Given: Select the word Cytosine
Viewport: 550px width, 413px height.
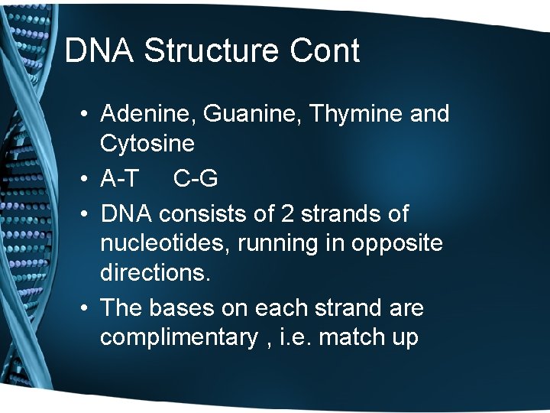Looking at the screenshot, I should click(147, 143).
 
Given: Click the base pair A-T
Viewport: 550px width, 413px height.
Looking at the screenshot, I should click(119, 178).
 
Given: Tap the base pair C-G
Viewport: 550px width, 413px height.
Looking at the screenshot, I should click(196, 178).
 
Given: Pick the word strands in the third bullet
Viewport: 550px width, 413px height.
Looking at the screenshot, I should click(340, 213).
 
